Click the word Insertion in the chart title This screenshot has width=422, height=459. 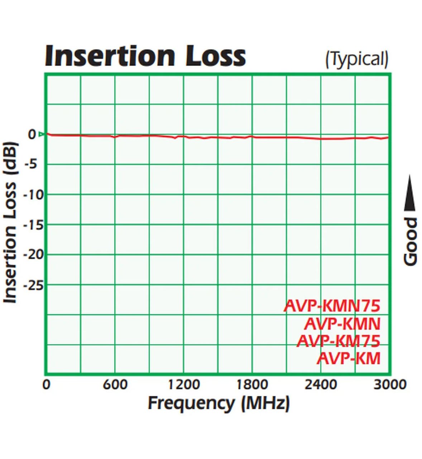(x=110, y=56)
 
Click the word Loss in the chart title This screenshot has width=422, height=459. (x=215, y=56)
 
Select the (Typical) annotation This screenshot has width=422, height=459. (x=356, y=59)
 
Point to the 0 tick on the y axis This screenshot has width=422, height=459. (x=32, y=134)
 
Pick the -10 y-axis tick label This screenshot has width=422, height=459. (x=33, y=195)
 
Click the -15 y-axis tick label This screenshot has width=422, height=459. (x=33, y=225)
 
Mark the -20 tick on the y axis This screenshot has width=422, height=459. (x=33, y=255)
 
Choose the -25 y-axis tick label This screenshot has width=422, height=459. (x=33, y=285)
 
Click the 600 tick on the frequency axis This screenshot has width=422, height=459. (x=115, y=385)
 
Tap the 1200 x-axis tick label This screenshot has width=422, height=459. (x=184, y=385)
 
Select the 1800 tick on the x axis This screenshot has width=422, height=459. (x=252, y=385)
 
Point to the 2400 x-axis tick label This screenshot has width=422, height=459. (x=321, y=385)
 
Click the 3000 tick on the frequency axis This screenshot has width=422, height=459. (x=390, y=385)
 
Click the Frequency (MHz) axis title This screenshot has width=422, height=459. (x=219, y=403)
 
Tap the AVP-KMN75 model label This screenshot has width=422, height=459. (x=332, y=306)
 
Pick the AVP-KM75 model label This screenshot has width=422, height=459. (x=338, y=341)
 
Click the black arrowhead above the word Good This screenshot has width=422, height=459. (x=410, y=194)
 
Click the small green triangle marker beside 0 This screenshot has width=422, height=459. (x=41, y=134)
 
